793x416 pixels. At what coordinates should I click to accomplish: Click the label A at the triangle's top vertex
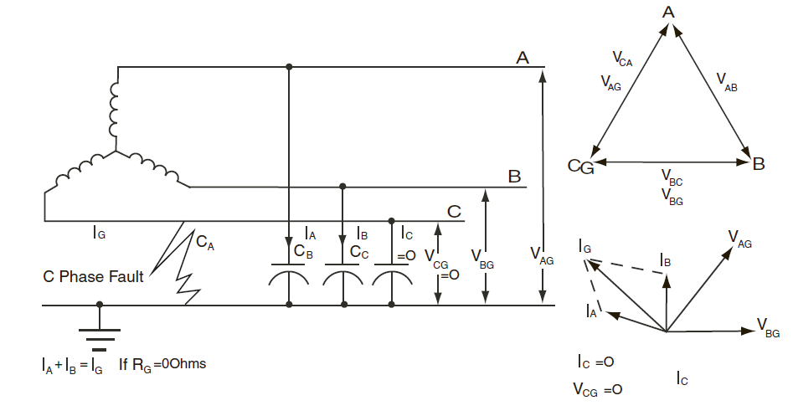[668, 12]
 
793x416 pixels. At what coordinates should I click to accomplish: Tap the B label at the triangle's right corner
[759, 163]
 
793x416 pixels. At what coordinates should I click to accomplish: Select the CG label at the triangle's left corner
[580, 167]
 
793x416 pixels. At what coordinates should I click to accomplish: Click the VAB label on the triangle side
[727, 81]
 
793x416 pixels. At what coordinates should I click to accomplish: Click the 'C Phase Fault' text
[93, 276]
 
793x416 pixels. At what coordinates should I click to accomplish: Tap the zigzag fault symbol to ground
[187, 264]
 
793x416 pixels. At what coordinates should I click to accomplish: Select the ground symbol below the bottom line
[100, 336]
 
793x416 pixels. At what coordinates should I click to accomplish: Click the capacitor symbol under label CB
[288, 277]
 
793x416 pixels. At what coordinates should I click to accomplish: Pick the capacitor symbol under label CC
[342, 277]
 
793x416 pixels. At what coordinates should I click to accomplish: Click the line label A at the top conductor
[522, 58]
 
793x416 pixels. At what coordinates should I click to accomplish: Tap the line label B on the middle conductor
[515, 177]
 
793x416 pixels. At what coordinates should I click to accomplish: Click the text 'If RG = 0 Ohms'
[162, 365]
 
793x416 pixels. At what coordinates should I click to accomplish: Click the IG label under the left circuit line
[99, 234]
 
